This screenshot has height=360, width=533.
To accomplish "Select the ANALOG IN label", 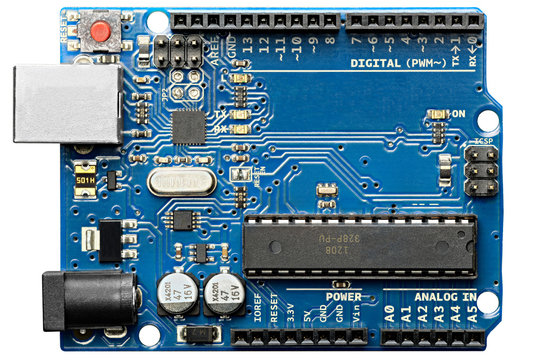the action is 444,297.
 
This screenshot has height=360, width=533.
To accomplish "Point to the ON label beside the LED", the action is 459,115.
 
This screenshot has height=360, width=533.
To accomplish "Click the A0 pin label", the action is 388,313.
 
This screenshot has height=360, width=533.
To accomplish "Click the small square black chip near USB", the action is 188,126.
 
